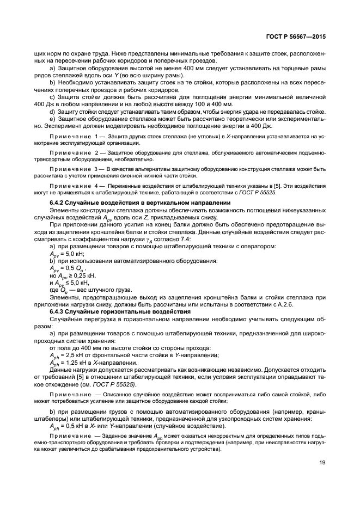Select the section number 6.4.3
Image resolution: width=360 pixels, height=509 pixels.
pos(59,311)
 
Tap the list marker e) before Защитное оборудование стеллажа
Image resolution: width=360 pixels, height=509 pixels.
pos(52,118)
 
